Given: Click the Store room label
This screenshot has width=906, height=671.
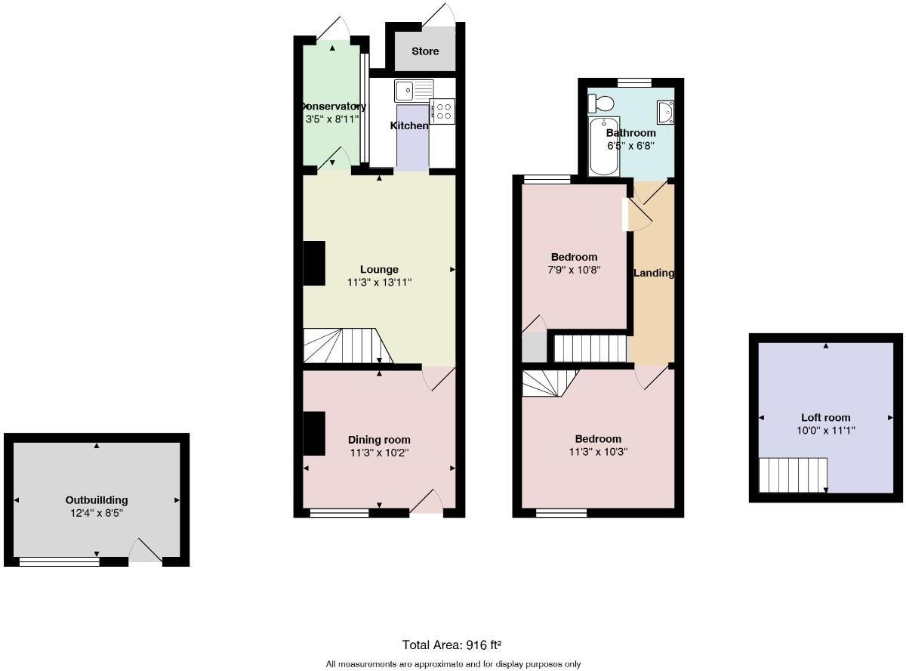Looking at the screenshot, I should point(425,51).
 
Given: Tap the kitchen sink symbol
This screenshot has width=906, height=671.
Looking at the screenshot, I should point(411,90).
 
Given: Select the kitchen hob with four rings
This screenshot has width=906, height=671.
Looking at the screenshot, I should point(442,112).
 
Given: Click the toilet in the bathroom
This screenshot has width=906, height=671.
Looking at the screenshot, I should point(602,102).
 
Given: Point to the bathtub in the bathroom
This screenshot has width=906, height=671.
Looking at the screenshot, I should point(603,146).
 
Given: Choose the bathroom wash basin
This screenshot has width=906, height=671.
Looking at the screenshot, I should point(665,113).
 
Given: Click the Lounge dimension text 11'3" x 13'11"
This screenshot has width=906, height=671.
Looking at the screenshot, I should point(379,283).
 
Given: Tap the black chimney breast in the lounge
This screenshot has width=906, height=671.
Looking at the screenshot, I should point(314,264).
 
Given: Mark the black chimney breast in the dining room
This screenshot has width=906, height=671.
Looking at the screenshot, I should point(314,433).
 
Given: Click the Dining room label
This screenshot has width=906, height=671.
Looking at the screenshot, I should point(379,440).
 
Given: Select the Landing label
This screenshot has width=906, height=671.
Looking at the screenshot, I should point(653,273).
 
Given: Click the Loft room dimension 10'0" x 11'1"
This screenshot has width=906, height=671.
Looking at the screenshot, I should point(826,431).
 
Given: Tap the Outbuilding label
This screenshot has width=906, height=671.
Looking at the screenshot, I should point(97,499).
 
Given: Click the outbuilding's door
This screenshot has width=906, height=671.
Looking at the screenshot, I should point(145,552).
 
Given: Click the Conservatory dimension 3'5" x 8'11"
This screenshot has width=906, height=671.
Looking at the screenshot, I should point(331,119).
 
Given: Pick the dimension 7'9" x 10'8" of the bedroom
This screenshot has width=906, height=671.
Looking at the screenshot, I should point(574,270).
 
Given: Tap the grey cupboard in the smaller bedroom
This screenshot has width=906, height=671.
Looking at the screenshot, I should point(534,347).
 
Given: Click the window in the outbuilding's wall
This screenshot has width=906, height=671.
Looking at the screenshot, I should point(59,561).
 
